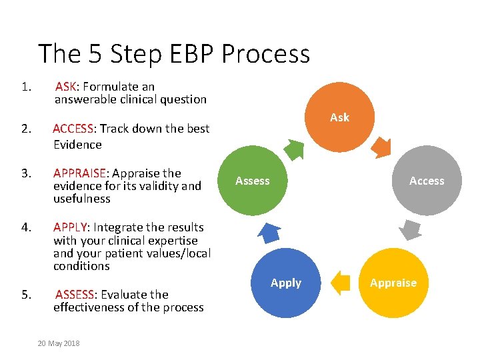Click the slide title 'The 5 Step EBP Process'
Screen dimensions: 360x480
coord(174,53)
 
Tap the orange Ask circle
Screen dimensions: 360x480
coord(339,117)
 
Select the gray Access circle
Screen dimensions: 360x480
coord(427,181)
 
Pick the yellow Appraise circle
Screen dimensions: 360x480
coord(393,283)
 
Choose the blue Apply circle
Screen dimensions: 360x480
coord(286,283)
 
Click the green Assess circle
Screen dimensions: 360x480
coord(253,181)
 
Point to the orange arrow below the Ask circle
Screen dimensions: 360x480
coord(382,147)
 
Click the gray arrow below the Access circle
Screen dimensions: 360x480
coord(411,231)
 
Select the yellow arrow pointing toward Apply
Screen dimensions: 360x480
coord(341,282)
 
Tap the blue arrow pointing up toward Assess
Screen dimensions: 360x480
coord(268,231)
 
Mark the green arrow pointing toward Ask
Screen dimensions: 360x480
coord(294,147)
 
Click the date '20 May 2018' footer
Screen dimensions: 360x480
coord(59,343)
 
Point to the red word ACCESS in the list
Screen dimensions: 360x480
coord(75,129)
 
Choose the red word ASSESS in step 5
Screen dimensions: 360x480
coord(75,295)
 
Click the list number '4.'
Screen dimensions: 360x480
coord(27,227)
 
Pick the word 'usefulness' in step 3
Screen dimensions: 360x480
coord(82,199)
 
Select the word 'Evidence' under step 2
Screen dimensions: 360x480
coord(77,145)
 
